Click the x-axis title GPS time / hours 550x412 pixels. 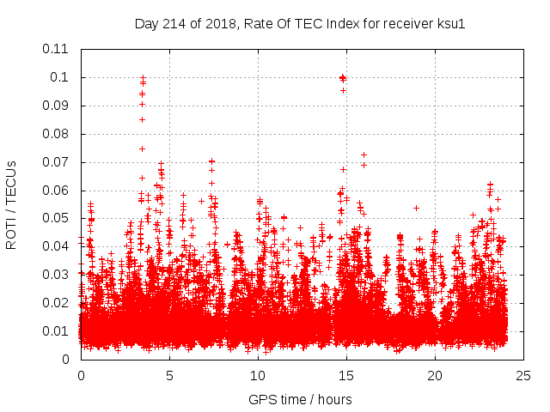300,399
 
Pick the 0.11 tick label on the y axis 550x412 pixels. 56,49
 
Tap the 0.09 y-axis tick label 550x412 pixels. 56,106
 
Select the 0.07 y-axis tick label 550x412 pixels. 56,162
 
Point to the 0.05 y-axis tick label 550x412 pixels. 56,218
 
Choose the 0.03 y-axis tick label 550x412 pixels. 56,275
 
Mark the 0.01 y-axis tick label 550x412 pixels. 56,331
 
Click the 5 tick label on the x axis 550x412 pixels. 169,375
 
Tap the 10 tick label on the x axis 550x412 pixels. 258,375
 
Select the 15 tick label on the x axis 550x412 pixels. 346,375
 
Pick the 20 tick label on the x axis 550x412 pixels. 435,375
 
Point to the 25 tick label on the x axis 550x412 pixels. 523,375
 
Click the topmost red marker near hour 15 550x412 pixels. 343,78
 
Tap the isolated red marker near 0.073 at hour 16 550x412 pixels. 364,155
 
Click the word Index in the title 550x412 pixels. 354,23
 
